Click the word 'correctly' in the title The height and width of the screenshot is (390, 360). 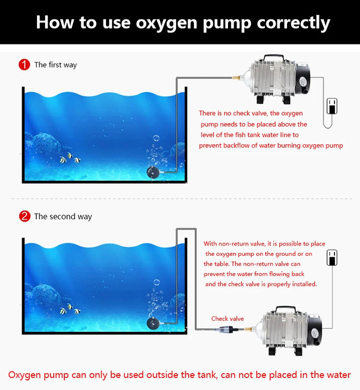tap(293, 23)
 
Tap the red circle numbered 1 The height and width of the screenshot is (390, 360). tap(24, 65)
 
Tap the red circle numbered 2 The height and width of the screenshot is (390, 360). tap(24, 216)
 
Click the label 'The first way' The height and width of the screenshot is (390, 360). tap(55, 65)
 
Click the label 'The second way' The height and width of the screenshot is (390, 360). tap(63, 216)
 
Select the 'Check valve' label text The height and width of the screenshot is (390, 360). tap(227, 318)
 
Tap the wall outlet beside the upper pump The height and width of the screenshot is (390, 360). tap(331, 106)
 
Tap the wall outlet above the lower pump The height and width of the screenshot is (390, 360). tap(331, 257)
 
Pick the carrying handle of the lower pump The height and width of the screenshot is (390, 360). tap(286, 308)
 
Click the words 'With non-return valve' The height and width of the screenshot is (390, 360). tap(235, 244)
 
